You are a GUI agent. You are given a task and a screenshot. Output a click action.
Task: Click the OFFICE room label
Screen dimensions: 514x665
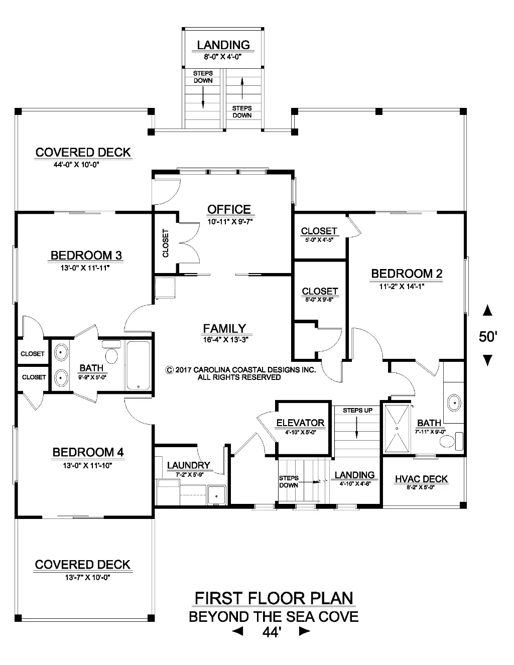click(x=229, y=210)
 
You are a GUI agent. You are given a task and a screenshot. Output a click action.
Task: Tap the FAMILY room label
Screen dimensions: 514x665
click(x=224, y=329)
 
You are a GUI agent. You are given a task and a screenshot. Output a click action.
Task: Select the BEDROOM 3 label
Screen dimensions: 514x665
click(x=86, y=255)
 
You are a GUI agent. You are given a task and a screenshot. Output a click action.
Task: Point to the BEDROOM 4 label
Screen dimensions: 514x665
click(x=88, y=452)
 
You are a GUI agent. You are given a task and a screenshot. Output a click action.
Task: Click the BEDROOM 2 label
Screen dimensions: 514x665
click(x=407, y=274)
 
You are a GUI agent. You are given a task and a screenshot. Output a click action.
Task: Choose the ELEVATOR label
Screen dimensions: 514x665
click(x=300, y=423)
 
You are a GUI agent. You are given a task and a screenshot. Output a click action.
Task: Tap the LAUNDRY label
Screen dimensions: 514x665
click(x=188, y=465)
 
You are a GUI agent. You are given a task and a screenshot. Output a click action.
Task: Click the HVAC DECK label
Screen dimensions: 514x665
click(x=421, y=479)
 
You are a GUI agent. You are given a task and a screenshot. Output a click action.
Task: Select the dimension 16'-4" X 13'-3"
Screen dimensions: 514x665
click(x=225, y=340)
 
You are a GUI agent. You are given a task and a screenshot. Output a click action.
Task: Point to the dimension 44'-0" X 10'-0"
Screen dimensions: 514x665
click(x=76, y=165)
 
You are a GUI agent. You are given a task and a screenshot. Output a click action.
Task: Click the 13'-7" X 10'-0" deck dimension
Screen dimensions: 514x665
click(x=87, y=578)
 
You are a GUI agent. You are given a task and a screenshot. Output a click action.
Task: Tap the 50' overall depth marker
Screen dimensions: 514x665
click(x=488, y=337)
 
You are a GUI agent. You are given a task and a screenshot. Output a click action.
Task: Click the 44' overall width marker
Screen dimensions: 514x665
click(x=272, y=632)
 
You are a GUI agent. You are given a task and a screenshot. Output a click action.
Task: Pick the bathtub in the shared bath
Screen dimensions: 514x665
click(x=139, y=366)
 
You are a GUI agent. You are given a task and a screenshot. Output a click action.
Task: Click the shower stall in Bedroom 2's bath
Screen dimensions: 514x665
click(x=397, y=429)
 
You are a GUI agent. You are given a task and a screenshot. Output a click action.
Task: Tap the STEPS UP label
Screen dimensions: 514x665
click(x=357, y=411)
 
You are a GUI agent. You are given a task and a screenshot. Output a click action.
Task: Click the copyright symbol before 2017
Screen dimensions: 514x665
click(x=169, y=370)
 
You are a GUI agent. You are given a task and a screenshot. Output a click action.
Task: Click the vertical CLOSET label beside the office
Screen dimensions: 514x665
click(x=166, y=243)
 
